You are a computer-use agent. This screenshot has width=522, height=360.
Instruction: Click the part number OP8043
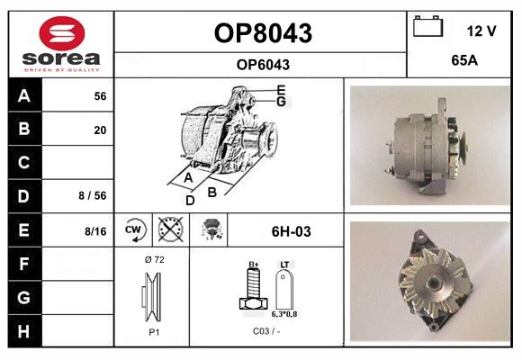point(262,33)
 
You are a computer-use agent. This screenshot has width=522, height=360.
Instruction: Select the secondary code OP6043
point(262,65)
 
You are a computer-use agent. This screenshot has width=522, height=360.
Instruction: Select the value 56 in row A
point(100,96)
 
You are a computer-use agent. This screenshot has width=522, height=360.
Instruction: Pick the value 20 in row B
point(100,130)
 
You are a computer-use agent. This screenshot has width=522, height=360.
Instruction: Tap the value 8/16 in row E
point(94,231)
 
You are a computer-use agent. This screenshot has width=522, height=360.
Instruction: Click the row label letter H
point(23,330)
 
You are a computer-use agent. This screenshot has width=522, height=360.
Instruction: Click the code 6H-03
point(291,231)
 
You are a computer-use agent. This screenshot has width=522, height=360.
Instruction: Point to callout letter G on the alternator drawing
point(281,102)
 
